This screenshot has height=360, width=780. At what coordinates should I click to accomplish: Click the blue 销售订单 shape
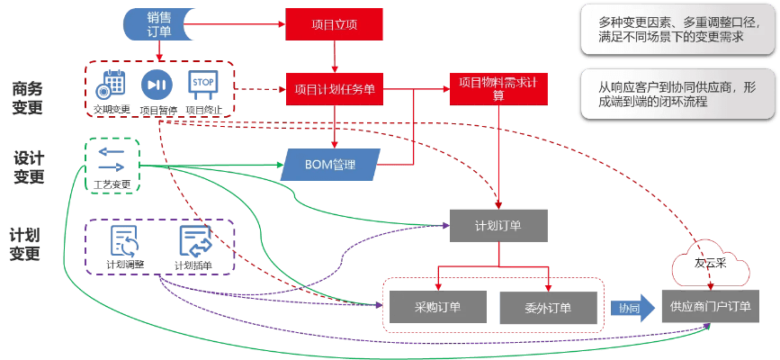[x=159, y=25]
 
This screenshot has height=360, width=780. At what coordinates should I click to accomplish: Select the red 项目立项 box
[x=334, y=25]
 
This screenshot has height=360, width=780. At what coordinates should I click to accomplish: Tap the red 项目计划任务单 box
[x=335, y=89]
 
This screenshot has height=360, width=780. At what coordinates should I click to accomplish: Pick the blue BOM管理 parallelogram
[x=331, y=165]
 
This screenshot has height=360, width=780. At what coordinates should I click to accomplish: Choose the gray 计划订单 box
[x=498, y=225]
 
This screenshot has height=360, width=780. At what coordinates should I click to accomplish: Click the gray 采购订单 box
[x=437, y=307]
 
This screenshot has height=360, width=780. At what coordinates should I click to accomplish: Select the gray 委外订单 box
[x=548, y=307]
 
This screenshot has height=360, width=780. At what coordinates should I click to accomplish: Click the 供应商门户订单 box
[x=707, y=307]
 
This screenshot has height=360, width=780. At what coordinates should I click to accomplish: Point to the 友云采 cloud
[x=710, y=265]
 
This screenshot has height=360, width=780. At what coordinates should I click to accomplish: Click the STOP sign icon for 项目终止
[x=202, y=85]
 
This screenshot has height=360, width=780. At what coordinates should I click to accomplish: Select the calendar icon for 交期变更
[x=112, y=85]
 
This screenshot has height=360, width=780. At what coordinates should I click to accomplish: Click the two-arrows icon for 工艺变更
[x=112, y=160]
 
